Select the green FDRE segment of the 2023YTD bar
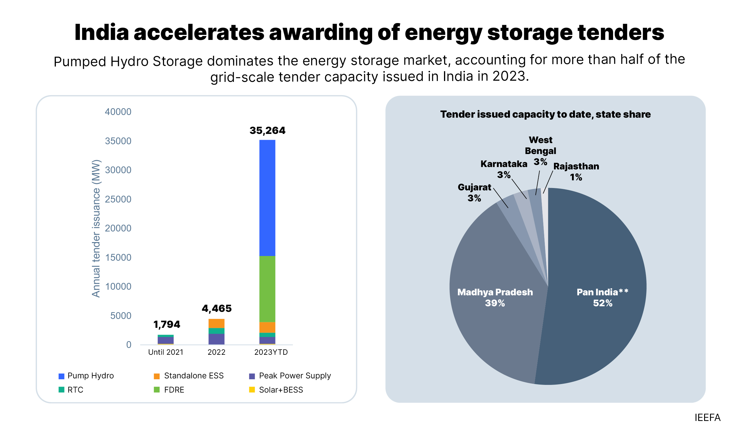pos(267,289)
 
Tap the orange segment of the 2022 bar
pos(216,323)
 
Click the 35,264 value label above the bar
pos(267,130)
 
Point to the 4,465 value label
pos(216,308)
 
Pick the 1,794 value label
pos(167,324)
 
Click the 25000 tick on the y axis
pos(118,199)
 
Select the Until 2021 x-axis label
pos(166,352)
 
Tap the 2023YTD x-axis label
pos(271,352)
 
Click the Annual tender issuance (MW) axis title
pos(96,228)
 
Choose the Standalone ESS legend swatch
pos(157,376)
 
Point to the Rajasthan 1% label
pos(576,171)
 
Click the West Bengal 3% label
pos(540,151)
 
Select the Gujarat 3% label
pos(474,192)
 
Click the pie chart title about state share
pos(545,114)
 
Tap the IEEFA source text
pos(707,417)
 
